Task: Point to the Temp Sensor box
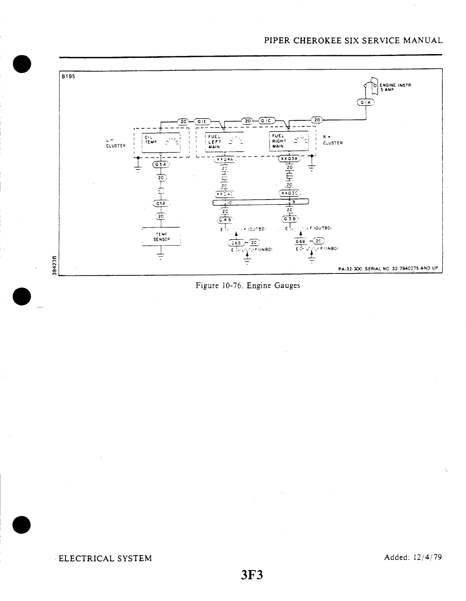[x=161, y=237]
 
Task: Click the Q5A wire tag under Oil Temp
[x=161, y=165]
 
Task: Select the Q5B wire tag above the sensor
[x=161, y=203]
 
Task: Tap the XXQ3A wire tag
[x=289, y=159]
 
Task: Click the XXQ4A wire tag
[x=225, y=159]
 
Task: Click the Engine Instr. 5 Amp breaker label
[x=391, y=87]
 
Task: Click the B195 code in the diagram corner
[x=69, y=76]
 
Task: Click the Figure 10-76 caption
[x=247, y=285]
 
